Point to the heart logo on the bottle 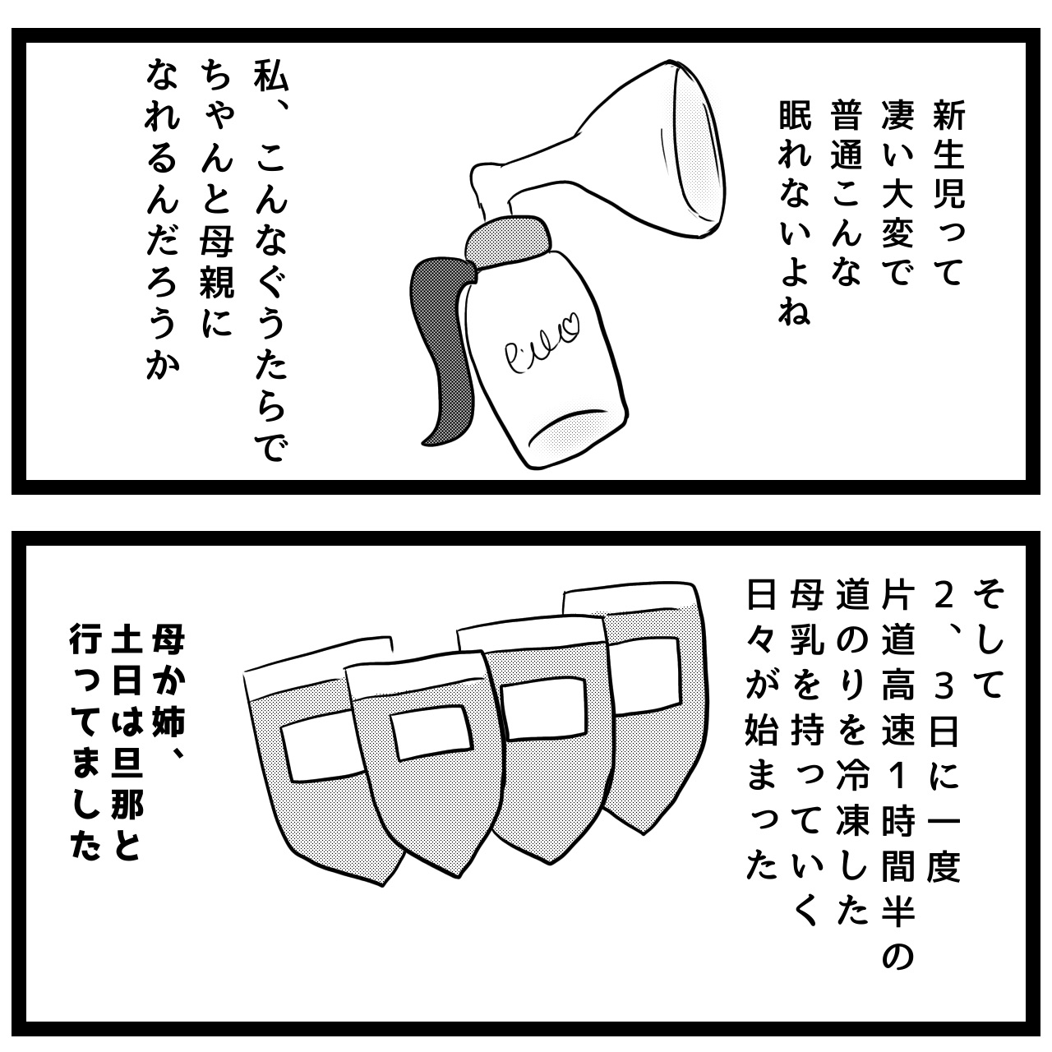click(x=570, y=328)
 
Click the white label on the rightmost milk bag click(x=646, y=675)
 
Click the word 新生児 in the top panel click(x=949, y=159)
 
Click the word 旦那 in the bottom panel click(x=127, y=789)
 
